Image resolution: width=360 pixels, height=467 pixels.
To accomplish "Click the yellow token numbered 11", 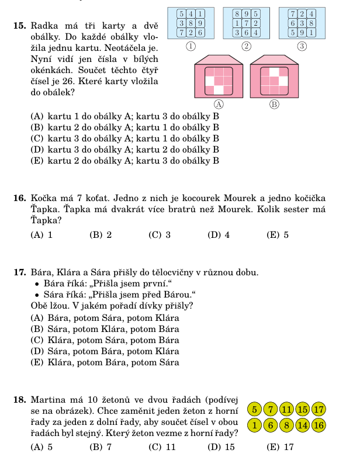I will point(287,409).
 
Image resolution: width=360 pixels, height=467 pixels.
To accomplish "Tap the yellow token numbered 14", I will point(303,425).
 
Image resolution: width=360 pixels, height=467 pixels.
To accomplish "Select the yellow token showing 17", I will point(319,409).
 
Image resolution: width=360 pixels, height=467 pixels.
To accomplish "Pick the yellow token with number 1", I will point(255,425).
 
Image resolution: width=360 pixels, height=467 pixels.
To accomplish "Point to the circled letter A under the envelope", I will point(219,104).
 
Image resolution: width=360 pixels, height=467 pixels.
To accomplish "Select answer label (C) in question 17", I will point(37,340).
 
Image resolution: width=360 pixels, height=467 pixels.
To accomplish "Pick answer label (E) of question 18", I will point(273,447).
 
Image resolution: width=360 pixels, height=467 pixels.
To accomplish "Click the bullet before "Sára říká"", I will point(37,294).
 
